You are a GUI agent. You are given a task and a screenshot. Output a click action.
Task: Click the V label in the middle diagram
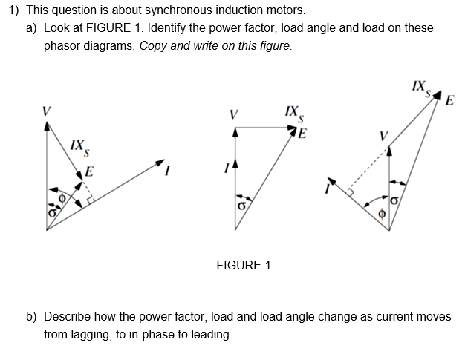[x=235, y=115]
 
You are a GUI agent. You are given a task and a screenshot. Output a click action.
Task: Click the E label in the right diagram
[x=450, y=102]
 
